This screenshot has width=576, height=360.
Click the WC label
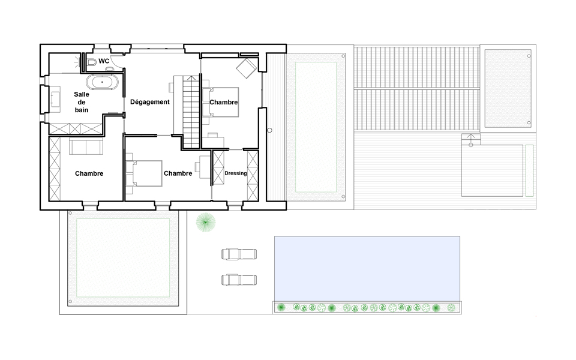[104, 61]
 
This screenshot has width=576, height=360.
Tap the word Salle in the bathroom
[82, 94]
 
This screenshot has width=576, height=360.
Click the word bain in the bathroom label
[82, 110]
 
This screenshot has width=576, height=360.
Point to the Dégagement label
[150, 102]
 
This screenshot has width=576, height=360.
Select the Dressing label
[235, 173]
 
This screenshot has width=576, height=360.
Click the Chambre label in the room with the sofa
[89, 173]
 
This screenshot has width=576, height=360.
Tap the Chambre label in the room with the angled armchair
[224, 102]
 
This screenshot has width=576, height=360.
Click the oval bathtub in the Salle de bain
[103, 82]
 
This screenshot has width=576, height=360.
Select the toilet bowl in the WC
[91, 62]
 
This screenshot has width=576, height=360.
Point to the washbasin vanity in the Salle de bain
[55, 99]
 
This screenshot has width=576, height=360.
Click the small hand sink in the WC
[109, 68]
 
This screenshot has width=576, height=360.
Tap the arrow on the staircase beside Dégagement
[191, 78]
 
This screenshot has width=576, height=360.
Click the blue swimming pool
[367, 269]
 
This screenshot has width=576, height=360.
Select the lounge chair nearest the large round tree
[239, 254]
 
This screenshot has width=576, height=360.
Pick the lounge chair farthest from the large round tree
[239, 280]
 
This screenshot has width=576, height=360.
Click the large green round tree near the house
[206, 222]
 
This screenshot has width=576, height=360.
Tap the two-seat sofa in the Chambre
[86, 146]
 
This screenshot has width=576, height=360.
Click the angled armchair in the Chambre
[246, 68]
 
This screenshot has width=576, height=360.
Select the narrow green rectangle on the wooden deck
[529, 170]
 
